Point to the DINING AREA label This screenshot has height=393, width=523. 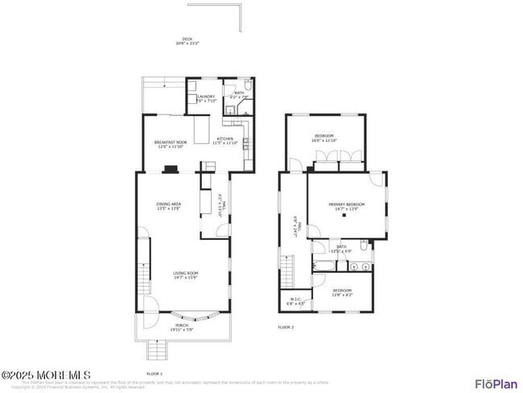(168, 205)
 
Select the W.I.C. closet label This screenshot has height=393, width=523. (295, 302)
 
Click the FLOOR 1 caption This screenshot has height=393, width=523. (154, 374)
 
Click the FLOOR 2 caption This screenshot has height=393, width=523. (286, 327)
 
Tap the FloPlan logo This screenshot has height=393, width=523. (496, 383)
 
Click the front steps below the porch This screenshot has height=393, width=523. (158, 350)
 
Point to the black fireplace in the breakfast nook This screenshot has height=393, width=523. (170, 169)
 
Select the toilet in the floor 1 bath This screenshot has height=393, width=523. (247, 86)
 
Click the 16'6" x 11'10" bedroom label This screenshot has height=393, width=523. (324, 138)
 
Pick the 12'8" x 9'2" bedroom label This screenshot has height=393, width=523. (342, 292)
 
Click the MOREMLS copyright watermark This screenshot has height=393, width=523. (35, 374)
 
